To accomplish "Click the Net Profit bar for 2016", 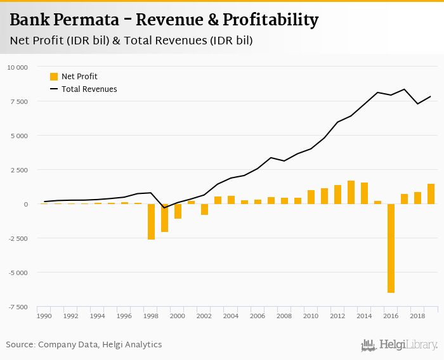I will coord(391,248).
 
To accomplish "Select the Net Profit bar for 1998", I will coord(151,222).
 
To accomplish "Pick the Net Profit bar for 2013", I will coord(351,193).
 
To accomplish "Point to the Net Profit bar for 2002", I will coord(204,210).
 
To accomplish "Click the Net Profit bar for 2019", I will coord(431,194).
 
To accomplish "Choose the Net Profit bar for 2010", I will coord(311,197).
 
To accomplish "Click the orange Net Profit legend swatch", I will coord(54,77).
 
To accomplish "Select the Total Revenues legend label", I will coord(89,89).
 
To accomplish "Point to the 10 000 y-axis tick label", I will coord(17,67).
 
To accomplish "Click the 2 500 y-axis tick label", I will coord(19,170).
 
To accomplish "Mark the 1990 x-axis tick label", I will coord(44,315).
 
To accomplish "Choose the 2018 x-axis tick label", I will coord(417,315).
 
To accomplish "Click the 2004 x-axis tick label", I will coord(231,315).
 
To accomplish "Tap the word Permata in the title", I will coord(92,20).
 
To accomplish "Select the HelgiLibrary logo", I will coord(400,345).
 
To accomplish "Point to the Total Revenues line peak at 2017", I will coord(405,89).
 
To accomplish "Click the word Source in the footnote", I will coord(20,345).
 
